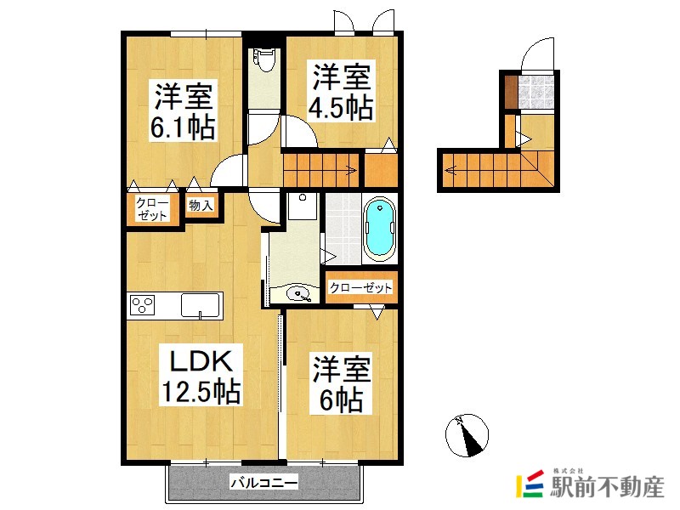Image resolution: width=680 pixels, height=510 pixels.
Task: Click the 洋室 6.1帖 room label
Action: pyautogui.click(x=183, y=110)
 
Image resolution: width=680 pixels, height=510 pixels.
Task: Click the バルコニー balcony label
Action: pyautogui.click(x=263, y=484)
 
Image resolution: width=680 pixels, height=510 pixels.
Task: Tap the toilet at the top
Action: pyautogui.click(x=264, y=59)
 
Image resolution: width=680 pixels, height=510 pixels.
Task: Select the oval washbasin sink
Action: pyautogui.click(x=300, y=294)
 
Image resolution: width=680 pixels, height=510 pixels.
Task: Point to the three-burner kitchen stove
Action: pyautogui.click(x=141, y=305)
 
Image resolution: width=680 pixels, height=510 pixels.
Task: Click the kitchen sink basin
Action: pyautogui.click(x=201, y=303)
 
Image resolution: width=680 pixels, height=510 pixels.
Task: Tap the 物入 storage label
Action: pyautogui.click(x=201, y=205)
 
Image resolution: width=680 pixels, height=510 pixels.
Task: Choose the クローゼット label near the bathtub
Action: pyautogui.click(x=360, y=288)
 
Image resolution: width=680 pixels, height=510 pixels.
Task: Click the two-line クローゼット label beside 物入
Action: pyautogui.click(x=153, y=209)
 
